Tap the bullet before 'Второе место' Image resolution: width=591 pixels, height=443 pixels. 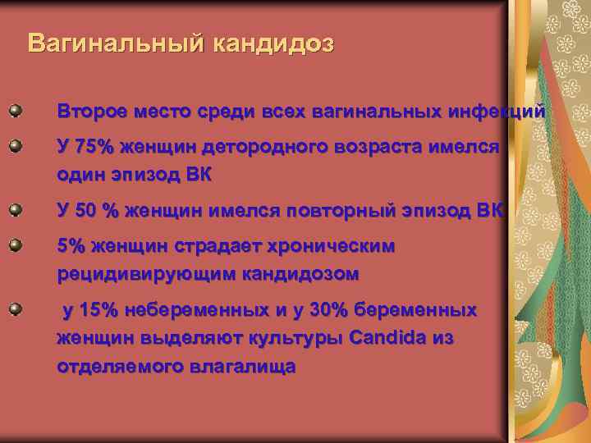click(15, 109)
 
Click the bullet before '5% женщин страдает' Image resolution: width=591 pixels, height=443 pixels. click(15, 244)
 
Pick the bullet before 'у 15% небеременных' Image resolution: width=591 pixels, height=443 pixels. click(15, 308)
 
